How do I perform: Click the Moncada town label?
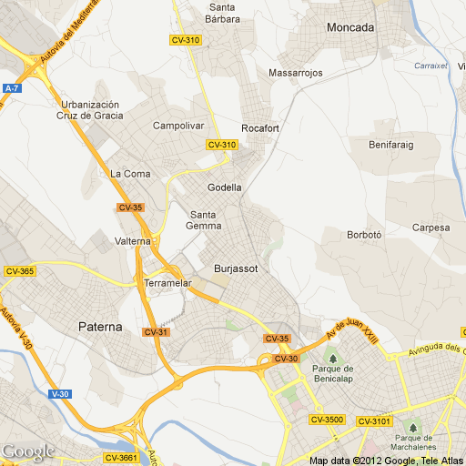350,27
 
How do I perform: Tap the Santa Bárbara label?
222,13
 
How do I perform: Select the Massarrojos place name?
296,73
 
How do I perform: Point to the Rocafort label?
259,128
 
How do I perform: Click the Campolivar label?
178,126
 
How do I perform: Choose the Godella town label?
225,187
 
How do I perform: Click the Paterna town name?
100,326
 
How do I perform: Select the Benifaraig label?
391,144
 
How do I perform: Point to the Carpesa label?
431,228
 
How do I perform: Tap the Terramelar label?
167,284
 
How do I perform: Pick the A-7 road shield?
12,88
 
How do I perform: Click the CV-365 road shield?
19,271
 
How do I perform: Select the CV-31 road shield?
156,331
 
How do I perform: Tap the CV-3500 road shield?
327,420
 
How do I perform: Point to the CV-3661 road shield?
121,457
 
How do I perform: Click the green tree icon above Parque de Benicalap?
332,355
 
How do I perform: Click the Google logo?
27,451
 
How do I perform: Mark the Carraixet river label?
431,66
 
